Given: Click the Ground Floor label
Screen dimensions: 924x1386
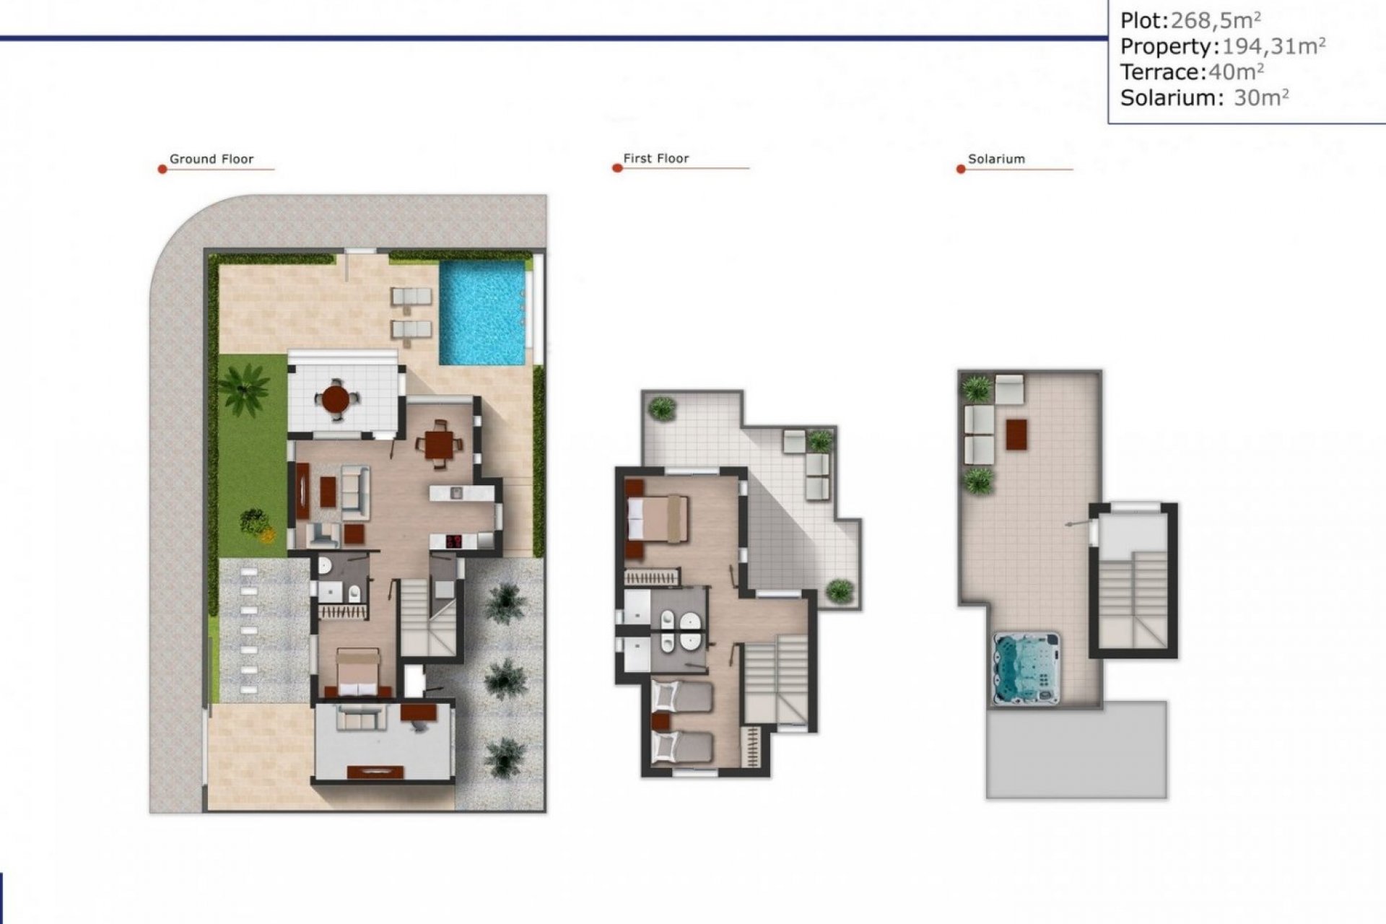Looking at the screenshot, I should pyautogui.click(x=212, y=159).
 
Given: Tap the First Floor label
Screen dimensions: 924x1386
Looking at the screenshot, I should pyautogui.click(x=655, y=158).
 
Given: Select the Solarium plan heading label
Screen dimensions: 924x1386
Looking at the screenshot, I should pyautogui.click(x=996, y=159).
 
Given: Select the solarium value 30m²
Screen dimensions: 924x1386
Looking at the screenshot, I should pyautogui.click(x=1260, y=97).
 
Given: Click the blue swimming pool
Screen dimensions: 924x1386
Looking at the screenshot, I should pyautogui.click(x=482, y=313).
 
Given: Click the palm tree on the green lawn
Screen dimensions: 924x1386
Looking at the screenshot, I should pyautogui.click(x=245, y=388).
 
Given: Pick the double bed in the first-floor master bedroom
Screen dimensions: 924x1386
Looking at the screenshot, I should pyautogui.click(x=658, y=518).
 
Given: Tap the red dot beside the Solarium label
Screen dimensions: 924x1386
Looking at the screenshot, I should pyautogui.click(x=961, y=170).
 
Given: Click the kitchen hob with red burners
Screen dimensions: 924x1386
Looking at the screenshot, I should pyautogui.click(x=454, y=541).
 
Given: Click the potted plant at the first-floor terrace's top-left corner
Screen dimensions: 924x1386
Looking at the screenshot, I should pyautogui.click(x=661, y=409).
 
